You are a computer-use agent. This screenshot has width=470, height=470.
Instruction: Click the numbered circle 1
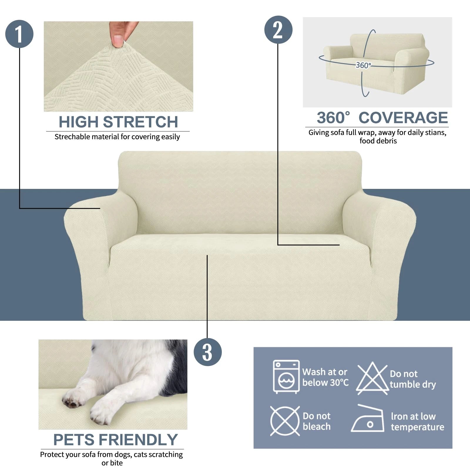19,34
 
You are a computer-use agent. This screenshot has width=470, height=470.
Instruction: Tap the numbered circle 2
278,30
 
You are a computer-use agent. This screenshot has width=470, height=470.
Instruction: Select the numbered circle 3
207,352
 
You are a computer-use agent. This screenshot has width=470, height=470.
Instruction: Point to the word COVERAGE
403,118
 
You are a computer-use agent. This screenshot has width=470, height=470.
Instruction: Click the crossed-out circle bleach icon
285,421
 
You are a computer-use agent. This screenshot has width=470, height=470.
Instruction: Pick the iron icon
368,419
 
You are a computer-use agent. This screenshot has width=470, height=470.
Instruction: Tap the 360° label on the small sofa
363,65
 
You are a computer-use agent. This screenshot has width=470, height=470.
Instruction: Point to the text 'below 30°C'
325,382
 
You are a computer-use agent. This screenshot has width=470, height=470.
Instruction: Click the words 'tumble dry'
412,384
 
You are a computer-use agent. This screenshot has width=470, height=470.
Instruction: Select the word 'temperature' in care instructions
417,427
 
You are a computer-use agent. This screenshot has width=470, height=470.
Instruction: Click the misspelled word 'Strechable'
70,137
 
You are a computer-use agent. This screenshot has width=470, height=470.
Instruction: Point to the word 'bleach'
316,427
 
